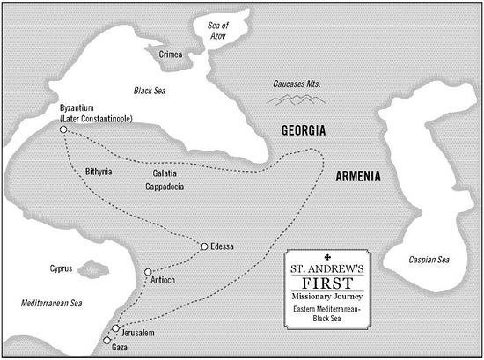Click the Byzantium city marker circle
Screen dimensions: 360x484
[x=63, y=130]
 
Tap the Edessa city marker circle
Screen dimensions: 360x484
[x=204, y=246]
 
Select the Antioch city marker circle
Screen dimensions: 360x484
[x=148, y=272]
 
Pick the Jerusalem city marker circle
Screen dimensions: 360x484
[x=116, y=328]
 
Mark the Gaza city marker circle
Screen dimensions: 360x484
[x=107, y=340]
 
